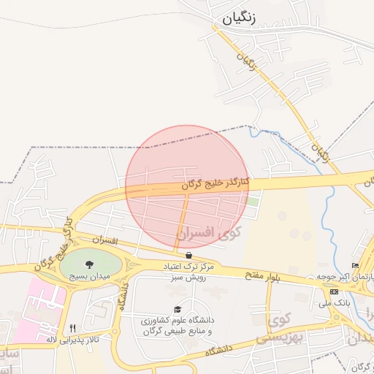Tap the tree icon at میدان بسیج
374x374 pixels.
tap(90, 264)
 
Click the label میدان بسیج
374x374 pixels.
tap(88, 277)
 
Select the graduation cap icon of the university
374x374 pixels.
tap(178, 309)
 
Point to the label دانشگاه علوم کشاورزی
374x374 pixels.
tap(178, 321)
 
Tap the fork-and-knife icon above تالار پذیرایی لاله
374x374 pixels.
tap(72, 328)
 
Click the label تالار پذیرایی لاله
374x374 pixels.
tap(72, 340)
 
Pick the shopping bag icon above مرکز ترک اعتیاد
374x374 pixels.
tap(190, 255)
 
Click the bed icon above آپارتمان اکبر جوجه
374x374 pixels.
tap(355, 265)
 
